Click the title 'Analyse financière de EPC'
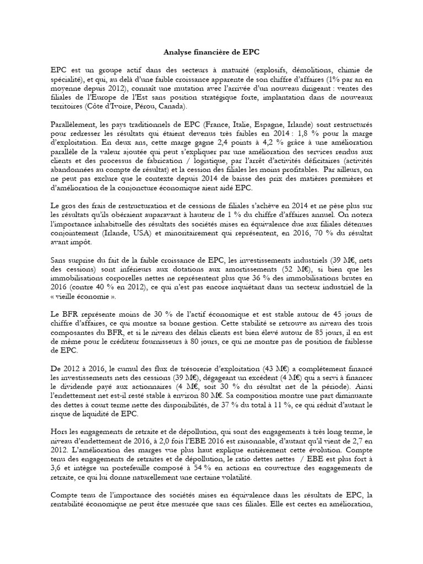(x=211, y=53)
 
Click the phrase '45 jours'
(x=342, y=317)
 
